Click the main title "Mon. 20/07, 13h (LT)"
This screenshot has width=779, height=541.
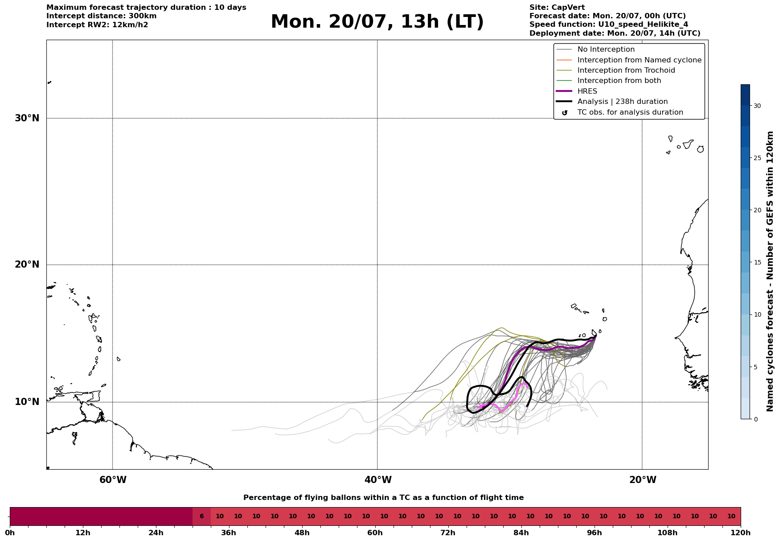377,22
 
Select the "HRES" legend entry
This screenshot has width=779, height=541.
587,91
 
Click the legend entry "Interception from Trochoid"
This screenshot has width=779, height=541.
626,70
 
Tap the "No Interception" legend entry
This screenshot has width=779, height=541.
606,50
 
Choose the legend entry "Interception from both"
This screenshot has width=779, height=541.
619,81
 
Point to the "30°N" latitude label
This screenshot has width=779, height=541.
27,118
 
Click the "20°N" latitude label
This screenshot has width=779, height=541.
27,264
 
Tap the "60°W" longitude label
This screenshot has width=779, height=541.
113,480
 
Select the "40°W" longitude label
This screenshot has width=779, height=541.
378,480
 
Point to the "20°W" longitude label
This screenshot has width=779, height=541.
643,480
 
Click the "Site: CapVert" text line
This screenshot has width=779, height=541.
557,8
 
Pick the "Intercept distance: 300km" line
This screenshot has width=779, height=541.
102,16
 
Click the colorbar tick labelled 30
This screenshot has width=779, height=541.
757,106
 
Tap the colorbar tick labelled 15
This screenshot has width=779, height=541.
757,262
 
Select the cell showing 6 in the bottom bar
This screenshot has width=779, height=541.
201,516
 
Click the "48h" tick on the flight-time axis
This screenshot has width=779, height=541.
302,533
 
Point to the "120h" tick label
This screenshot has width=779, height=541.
741,533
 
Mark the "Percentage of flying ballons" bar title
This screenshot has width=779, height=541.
383,498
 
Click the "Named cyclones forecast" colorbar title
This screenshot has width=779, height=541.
770,271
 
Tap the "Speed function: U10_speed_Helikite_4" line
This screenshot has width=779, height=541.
609,25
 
